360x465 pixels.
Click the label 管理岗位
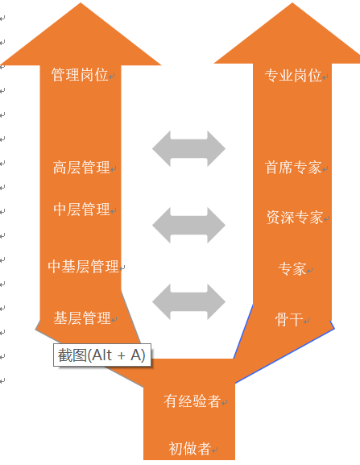80,74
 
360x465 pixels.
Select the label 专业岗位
293,75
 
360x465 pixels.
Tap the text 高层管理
81,168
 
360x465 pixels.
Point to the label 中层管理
81,209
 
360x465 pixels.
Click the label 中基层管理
83,266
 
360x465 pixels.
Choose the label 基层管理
82,318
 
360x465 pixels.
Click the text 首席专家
293,168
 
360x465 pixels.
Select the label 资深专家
295,218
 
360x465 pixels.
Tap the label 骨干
289,319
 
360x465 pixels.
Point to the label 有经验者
192,401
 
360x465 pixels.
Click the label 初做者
189,448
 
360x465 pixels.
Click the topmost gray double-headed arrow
188,148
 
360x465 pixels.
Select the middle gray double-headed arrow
188,225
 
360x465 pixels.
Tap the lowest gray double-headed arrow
188,302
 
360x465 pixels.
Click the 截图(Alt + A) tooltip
102,355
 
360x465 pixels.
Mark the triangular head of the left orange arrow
81,34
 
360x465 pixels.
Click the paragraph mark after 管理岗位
112,77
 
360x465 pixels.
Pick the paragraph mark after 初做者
215,450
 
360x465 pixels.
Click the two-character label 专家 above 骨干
292,268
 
